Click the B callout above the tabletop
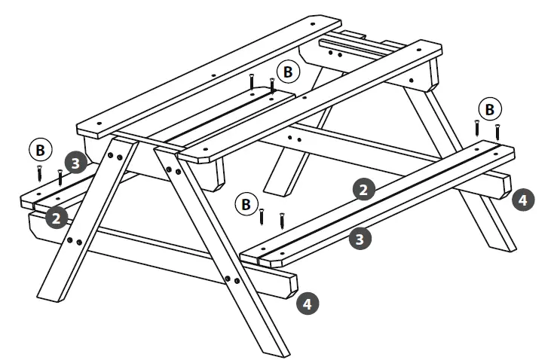pos(287,72)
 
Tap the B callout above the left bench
pos(39,149)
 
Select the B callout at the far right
pos(490,109)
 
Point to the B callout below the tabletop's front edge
pos(243,203)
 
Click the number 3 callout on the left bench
pos(74,162)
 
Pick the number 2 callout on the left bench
pos(54,218)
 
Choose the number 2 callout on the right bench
pos(364,189)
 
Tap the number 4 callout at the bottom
pos(306,304)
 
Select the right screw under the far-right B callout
pos(497,131)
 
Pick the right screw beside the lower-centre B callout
pos(282,220)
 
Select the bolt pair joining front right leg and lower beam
pos(232,279)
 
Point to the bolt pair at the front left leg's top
pos(115,156)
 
